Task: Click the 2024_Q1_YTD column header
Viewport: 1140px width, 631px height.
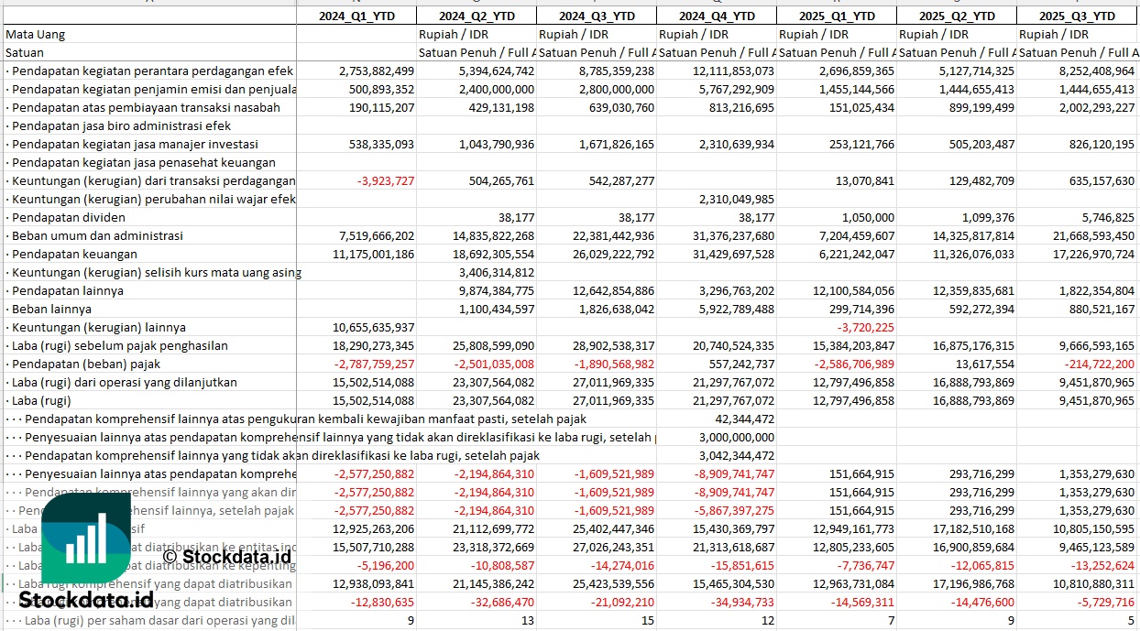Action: [x=356, y=16]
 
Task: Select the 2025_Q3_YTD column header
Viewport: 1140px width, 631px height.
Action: [x=1078, y=16]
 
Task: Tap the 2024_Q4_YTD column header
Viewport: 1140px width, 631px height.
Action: [x=718, y=16]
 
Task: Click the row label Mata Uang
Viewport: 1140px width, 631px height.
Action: [x=35, y=34]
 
